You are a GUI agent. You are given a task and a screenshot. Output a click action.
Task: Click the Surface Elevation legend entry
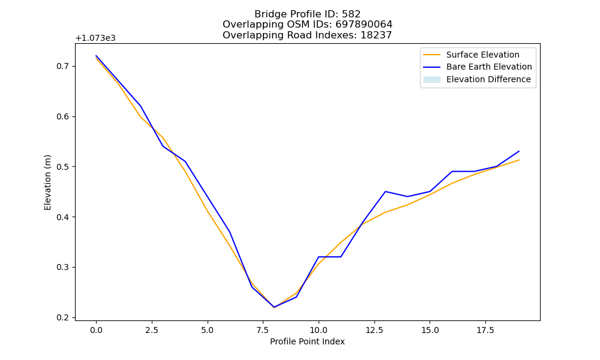tap(471, 55)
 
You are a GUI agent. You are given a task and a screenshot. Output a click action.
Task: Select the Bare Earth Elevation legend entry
tap(478, 67)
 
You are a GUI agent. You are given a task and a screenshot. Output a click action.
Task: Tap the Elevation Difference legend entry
tap(477, 79)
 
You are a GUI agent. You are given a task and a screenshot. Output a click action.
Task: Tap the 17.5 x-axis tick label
tap(485, 330)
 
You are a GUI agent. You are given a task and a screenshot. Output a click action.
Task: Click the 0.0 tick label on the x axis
tap(96, 330)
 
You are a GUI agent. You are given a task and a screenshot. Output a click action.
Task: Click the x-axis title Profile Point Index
tap(307, 341)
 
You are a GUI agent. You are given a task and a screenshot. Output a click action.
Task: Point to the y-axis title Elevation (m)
tap(47, 182)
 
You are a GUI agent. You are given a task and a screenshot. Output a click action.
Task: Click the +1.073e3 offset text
tap(95, 38)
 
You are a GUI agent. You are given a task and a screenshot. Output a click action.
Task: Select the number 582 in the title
tap(351, 14)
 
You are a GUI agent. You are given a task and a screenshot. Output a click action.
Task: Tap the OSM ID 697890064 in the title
tap(364, 25)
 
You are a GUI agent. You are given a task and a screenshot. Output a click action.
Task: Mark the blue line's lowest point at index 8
tap(274, 307)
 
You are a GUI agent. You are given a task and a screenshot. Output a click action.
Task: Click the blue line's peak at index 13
tap(385, 191)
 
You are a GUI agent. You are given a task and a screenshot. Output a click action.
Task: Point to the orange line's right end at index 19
tap(519, 160)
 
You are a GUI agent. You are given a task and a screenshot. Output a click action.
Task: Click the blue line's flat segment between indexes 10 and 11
tap(329, 257)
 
